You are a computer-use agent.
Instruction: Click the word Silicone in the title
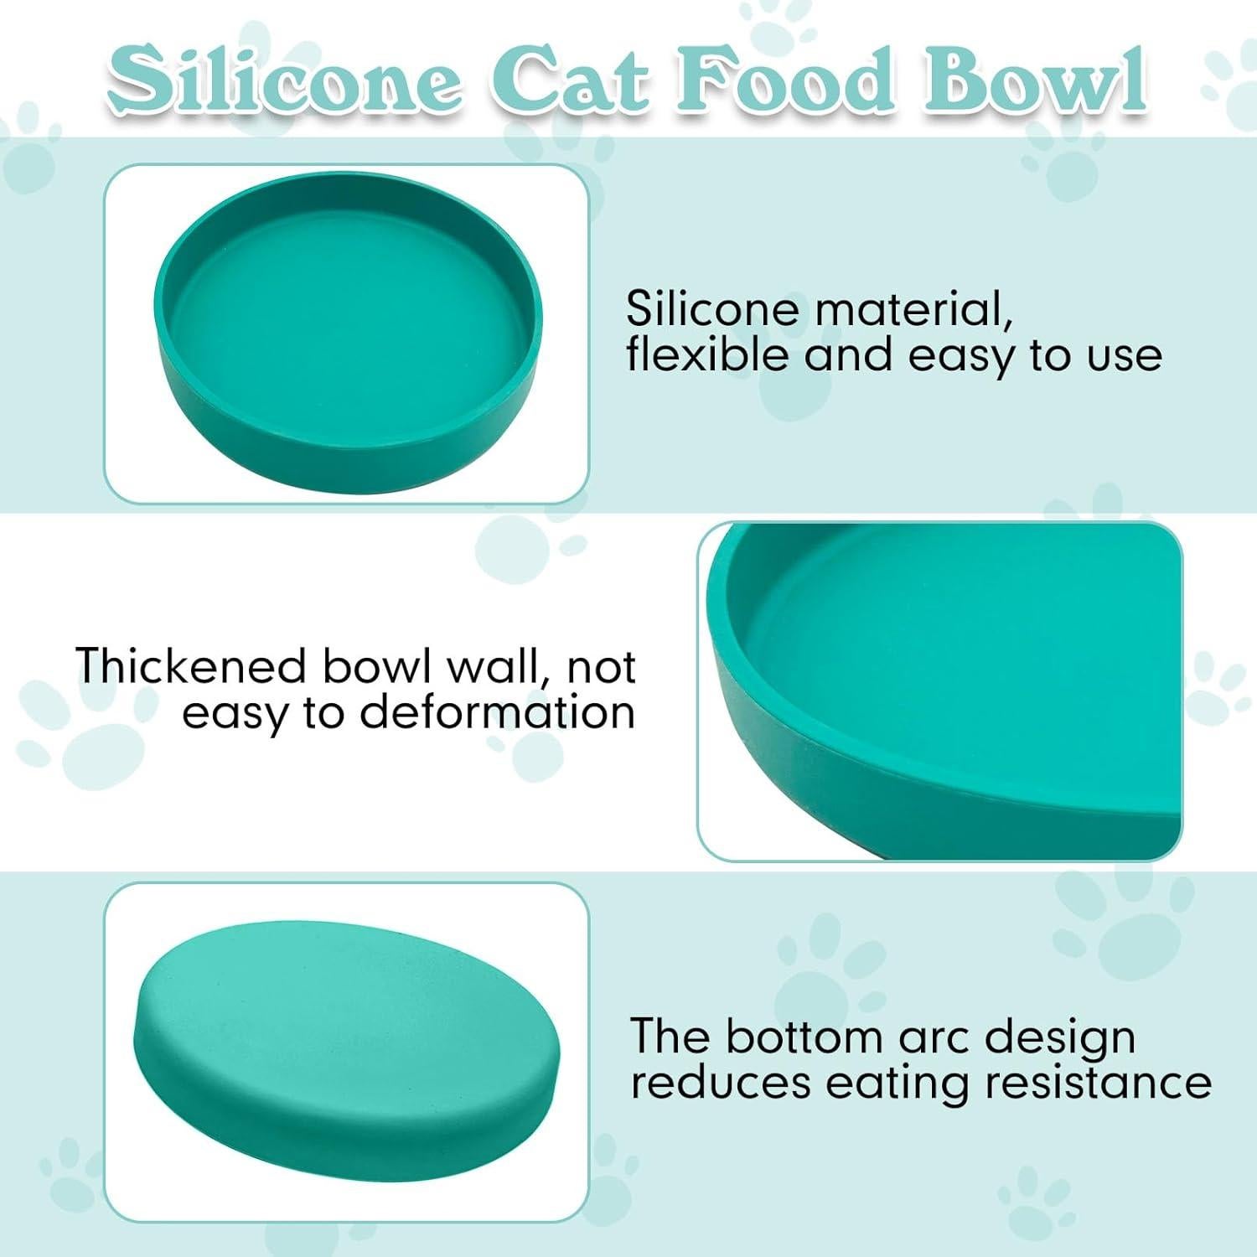(x=285, y=84)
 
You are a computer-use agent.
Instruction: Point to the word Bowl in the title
(x=1035, y=84)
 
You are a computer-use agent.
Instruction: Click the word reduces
(x=721, y=1082)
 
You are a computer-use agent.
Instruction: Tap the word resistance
(x=1098, y=1082)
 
